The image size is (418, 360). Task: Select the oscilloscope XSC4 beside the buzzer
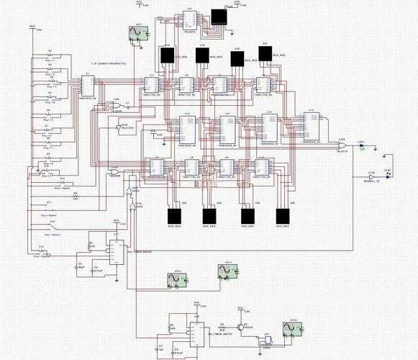tap(292, 330)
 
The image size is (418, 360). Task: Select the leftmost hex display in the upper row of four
tap(168, 56)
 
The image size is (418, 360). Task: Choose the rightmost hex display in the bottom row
tap(282, 215)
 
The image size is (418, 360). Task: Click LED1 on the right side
tap(362, 147)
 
